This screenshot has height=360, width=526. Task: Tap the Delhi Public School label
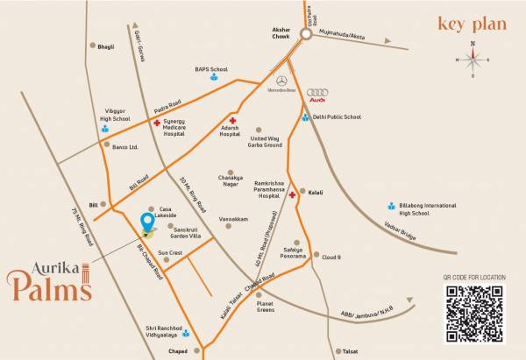(x=338, y=116)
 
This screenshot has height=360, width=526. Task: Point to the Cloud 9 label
(x=331, y=257)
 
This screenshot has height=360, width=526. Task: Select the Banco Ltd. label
(x=125, y=147)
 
